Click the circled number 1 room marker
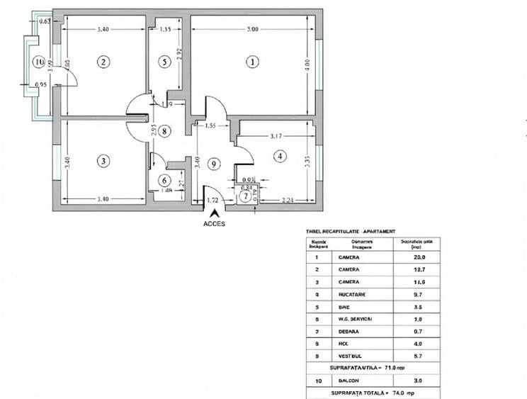pyautogui.click(x=253, y=62)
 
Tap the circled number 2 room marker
pyautogui.click(x=104, y=62)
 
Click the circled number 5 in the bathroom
pyautogui.click(x=165, y=62)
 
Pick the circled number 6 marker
pyautogui.click(x=164, y=181)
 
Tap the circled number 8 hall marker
pyautogui.click(x=164, y=130)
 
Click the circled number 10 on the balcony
pyautogui.click(x=38, y=62)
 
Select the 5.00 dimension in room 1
pyautogui.click(x=253, y=29)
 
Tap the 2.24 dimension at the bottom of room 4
pyautogui.click(x=287, y=201)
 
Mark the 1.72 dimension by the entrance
pyautogui.click(x=213, y=201)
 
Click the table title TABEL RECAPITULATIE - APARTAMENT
pyautogui.click(x=350, y=231)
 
